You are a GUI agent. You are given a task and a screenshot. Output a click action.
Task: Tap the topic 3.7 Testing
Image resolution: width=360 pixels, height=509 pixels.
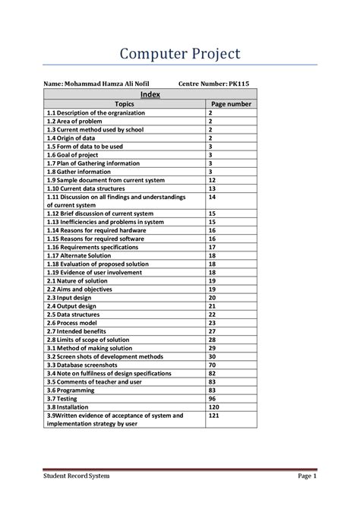pos(68,398)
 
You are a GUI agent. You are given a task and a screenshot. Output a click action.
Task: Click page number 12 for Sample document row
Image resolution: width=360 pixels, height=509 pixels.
pos(213,180)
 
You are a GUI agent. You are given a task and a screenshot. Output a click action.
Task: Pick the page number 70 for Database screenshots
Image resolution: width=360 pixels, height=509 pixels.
pos(213,365)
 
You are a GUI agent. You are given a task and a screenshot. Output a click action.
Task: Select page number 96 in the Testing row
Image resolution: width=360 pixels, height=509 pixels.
pos(213,398)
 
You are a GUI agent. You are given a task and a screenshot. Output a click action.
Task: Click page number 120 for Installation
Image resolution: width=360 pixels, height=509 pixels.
pos(214,406)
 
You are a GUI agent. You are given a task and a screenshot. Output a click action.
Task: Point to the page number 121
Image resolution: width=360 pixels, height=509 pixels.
pos(214,416)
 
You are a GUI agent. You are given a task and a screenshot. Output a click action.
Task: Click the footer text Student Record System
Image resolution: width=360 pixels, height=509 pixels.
pos(77,476)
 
